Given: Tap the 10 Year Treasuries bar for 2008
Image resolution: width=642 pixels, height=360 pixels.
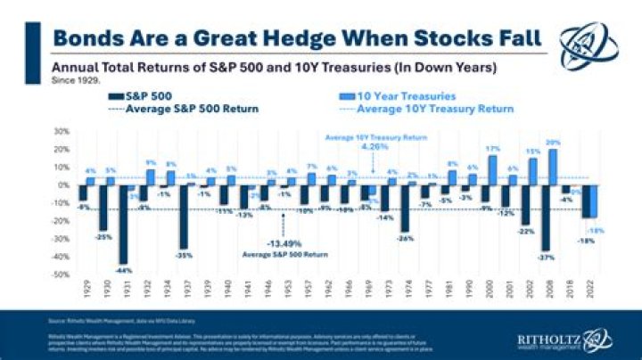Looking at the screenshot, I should (x=554, y=167).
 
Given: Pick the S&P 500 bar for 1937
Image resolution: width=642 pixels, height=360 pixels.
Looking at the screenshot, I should (x=184, y=217).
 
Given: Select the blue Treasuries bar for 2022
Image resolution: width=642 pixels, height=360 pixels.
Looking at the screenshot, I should (x=591, y=201).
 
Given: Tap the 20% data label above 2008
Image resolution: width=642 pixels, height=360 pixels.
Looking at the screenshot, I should (x=553, y=143).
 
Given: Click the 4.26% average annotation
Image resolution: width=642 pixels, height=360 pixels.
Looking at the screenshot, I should (x=372, y=147).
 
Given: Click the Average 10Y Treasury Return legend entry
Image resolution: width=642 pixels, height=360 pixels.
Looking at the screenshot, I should (x=434, y=109).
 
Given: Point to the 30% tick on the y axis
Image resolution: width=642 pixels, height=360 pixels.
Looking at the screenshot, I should (x=62, y=131).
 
